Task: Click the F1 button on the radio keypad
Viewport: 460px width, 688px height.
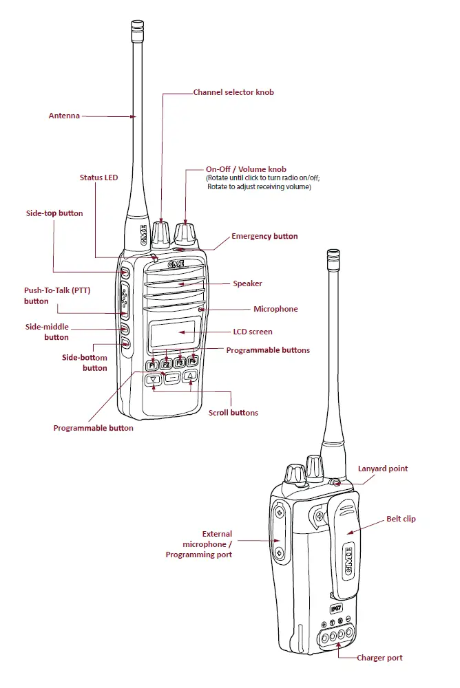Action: click(x=151, y=364)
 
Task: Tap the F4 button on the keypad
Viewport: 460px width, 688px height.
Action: click(x=192, y=361)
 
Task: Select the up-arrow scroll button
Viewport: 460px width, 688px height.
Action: click(x=191, y=375)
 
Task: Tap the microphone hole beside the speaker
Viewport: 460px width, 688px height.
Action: click(x=200, y=310)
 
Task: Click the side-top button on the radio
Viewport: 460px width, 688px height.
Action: click(x=125, y=273)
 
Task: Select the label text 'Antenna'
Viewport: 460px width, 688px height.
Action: click(x=64, y=116)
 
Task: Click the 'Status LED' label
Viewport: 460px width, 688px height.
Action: click(x=98, y=178)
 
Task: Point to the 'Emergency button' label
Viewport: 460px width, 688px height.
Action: click(x=264, y=236)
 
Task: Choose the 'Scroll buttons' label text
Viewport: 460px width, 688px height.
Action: click(x=233, y=413)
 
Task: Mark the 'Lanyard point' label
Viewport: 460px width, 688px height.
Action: click(x=382, y=469)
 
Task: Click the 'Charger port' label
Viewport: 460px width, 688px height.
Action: click(x=379, y=658)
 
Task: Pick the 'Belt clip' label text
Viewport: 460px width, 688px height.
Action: click(x=401, y=519)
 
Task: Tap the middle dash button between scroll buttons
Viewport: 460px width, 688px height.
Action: click(x=172, y=376)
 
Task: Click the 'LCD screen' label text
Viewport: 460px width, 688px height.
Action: click(x=253, y=332)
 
